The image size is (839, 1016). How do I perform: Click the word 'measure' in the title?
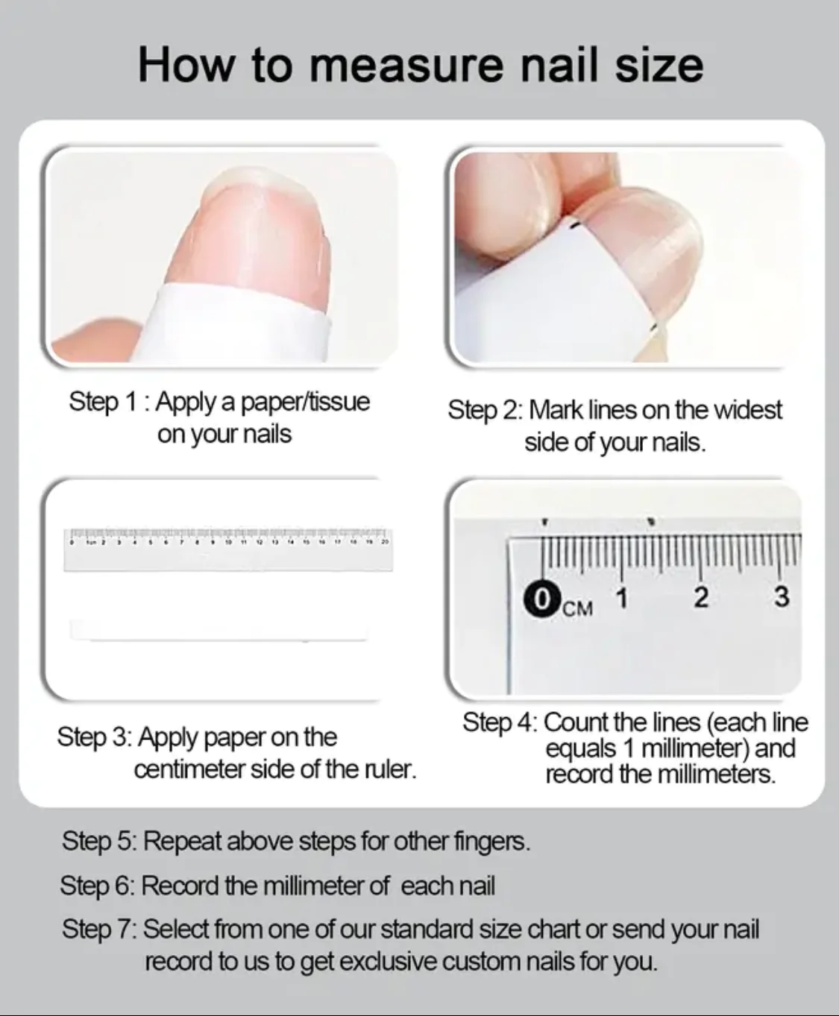(406, 66)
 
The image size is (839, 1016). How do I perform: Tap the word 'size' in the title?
(659, 65)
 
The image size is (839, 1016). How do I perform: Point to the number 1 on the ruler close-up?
(622, 598)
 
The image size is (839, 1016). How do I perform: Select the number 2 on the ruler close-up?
(701, 597)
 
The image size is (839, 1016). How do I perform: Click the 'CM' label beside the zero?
(578, 608)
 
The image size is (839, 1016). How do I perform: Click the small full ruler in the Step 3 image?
(228, 549)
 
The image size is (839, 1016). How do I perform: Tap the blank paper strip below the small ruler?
(219, 630)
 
